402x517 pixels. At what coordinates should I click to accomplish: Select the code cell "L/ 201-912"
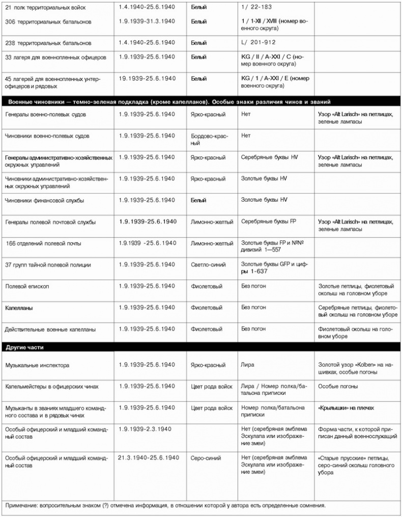click(259, 42)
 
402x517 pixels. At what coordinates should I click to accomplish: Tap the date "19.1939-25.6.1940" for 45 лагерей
click(147, 78)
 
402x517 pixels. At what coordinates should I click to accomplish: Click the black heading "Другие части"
click(24, 347)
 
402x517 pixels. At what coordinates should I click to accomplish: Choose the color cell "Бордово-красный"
click(209, 140)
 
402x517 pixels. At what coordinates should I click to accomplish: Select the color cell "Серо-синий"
click(206, 458)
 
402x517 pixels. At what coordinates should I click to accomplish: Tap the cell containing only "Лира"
click(247, 365)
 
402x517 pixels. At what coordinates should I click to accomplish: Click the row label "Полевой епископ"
click(27, 287)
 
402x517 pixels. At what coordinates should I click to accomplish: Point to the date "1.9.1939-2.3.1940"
click(145, 429)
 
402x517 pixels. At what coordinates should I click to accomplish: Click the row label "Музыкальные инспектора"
click(37, 365)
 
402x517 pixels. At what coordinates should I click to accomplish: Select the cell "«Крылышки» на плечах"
click(346, 408)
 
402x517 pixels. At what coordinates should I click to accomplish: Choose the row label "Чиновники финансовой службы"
click(45, 200)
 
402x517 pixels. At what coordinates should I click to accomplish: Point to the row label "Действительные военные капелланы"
click(50, 330)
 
